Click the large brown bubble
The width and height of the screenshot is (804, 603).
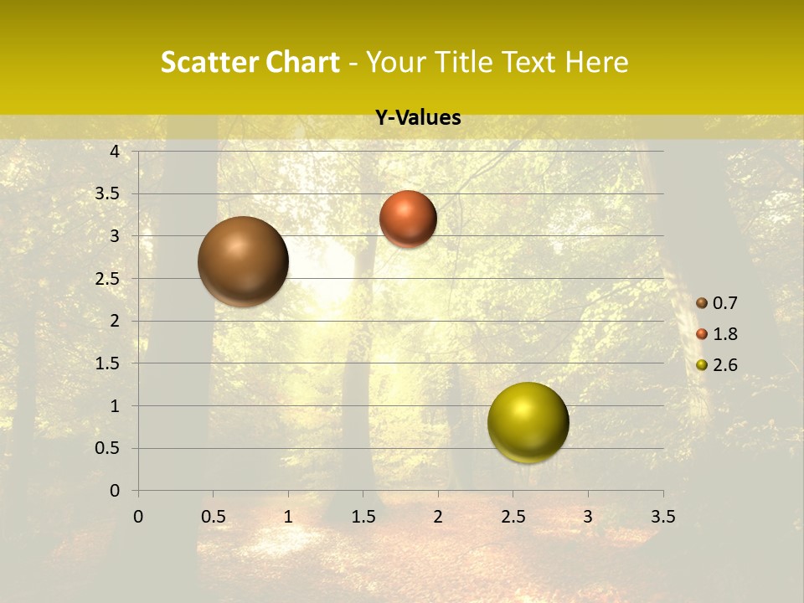click(244, 261)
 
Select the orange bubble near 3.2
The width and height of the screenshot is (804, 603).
click(408, 219)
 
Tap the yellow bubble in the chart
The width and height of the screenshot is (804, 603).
click(528, 422)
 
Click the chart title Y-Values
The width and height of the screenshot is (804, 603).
click(418, 118)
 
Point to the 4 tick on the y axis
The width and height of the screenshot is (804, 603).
click(115, 152)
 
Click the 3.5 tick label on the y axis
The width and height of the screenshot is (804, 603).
click(108, 193)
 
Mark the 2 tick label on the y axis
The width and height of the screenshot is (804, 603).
click(115, 321)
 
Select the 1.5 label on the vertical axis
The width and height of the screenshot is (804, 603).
click(108, 363)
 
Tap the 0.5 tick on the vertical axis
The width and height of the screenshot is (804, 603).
click(108, 448)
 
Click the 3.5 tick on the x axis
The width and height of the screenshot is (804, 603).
click(662, 517)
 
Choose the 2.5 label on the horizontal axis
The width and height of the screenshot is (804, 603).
click(513, 517)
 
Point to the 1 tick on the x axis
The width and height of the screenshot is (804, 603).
click(288, 517)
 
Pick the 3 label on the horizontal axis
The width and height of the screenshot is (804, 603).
click(588, 517)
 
